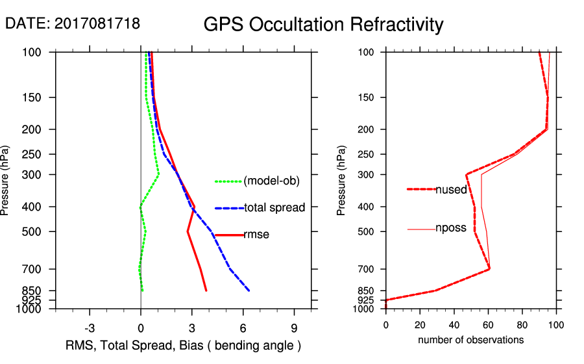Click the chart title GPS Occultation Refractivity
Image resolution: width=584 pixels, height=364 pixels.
click(x=323, y=25)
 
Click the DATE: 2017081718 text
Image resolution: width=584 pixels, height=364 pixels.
click(x=73, y=24)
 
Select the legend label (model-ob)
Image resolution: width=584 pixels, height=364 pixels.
click(x=271, y=181)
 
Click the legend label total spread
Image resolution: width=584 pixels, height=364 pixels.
click(x=274, y=208)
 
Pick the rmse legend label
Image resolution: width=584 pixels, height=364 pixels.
click(x=256, y=235)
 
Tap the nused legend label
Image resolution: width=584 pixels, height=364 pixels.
click(x=451, y=189)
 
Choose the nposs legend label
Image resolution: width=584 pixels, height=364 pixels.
click(x=451, y=229)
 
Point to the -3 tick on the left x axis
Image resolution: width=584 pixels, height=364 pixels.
click(x=90, y=328)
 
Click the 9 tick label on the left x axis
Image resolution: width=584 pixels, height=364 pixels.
click(x=294, y=328)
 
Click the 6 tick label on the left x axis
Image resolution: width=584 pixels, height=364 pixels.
click(x=243, y=328)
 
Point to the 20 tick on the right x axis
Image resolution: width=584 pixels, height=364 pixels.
click(x=420, y=324)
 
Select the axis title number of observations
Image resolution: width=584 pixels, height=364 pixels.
click(x=470, y=340)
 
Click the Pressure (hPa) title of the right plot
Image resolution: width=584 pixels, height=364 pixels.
click(x=341, y=181)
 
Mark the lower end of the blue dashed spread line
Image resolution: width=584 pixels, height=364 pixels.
click(x=249, y=291)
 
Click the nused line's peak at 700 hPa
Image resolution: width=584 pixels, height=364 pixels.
click(x=489, y=268)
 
